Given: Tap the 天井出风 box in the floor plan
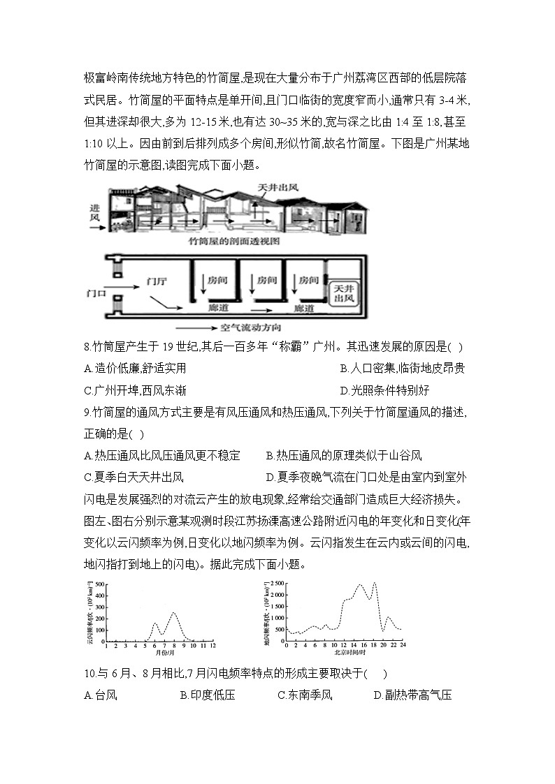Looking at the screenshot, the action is pos(343,293).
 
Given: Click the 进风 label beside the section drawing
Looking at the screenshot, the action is pos(96,213).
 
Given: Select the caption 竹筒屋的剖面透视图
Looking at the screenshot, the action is pos(234,240).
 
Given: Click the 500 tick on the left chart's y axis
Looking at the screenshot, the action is pos(100,584).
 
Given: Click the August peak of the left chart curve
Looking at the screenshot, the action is pos(173,613).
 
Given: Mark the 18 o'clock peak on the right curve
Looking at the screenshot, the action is pos(374,583).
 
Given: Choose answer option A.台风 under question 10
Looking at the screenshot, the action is pos(99,695).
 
